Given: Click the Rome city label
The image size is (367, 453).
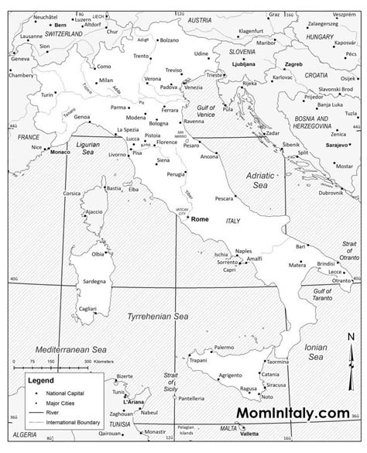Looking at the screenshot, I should coord(201,219).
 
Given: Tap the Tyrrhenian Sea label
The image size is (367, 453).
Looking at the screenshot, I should coord(158,316).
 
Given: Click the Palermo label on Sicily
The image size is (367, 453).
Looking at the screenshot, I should coord(224,348).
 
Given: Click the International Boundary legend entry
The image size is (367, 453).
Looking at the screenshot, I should coord(74,423).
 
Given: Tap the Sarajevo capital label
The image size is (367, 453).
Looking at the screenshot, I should coord(338,145).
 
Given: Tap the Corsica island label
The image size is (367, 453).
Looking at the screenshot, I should coord(72,193).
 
